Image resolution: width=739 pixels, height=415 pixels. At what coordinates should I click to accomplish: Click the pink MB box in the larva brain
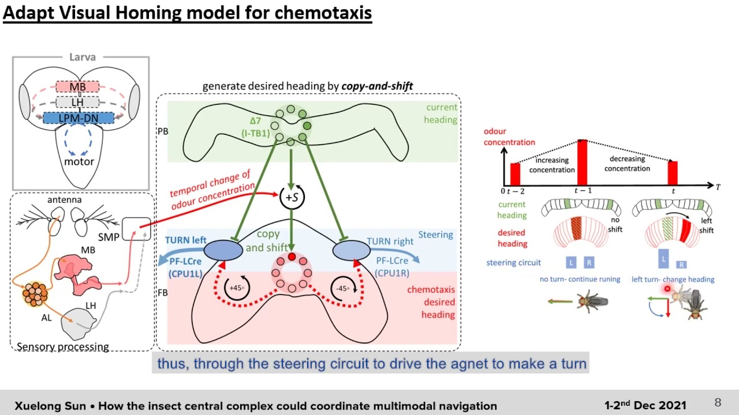pos(78,87)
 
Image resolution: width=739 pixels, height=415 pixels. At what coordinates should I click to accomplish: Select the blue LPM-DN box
pos(78,118)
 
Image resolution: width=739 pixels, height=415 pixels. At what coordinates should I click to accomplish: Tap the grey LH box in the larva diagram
pos(78,102)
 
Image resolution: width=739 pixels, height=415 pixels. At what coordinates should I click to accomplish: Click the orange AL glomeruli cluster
pos(35,294)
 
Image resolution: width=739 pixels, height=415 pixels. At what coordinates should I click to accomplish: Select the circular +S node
pos(292,197)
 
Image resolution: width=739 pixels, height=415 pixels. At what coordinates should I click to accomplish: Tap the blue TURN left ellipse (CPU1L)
pos(223,251)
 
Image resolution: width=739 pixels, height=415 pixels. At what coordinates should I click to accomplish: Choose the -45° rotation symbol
pos(342,288)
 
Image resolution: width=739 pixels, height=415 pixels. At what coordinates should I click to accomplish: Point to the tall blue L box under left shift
pos(663,258)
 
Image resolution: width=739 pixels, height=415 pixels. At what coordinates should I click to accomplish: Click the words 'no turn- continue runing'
pos(580,279)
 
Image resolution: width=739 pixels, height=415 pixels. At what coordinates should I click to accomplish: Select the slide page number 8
pos(718,403)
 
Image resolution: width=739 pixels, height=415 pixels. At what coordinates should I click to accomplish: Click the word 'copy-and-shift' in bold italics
pos(377,86)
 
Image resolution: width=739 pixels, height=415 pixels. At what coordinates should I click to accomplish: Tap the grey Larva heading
pos(82,57)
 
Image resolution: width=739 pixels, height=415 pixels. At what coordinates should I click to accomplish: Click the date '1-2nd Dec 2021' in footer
pos(645,405)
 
